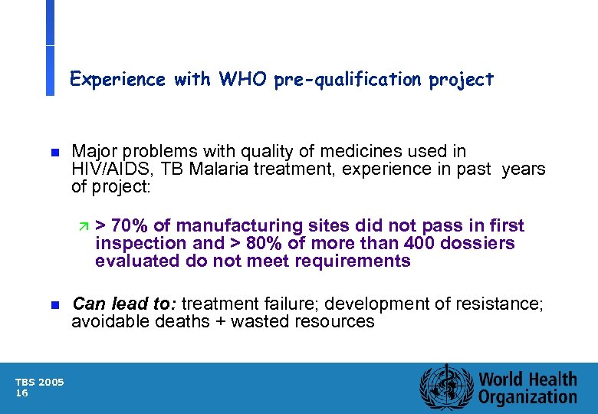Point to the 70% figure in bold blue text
click(x=129, y=225)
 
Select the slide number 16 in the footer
click(x=21, y=393)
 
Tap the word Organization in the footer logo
click(x=527, y=396)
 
